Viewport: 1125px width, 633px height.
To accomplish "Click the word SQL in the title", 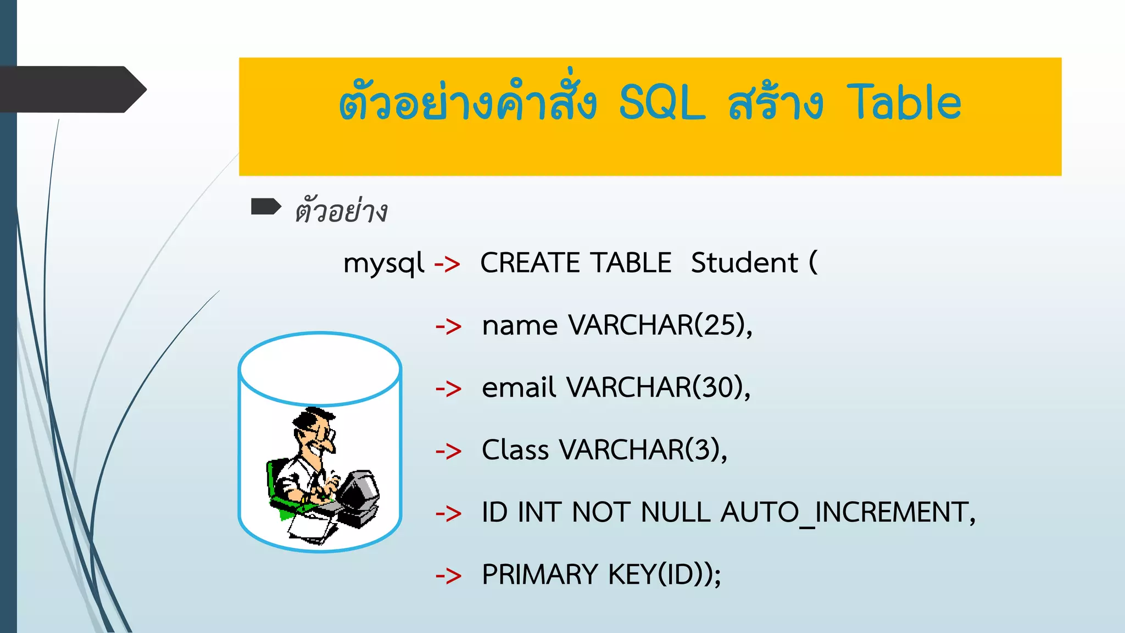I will tap(661, 103).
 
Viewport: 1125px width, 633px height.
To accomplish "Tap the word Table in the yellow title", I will tap(904, 103).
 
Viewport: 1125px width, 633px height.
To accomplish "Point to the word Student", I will tap(744, 263).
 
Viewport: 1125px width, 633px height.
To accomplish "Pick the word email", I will tap(519, 387).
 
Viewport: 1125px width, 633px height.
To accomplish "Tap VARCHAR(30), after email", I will tap(658, 387).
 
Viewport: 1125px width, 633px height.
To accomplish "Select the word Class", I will tap(515, 450).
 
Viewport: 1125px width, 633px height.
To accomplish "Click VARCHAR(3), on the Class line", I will tap(643, 450).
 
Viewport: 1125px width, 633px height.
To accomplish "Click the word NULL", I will tap(676, 513).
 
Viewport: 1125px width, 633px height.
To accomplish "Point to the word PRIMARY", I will tap(539, 575).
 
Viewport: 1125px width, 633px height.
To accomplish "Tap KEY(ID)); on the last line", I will tap(664, 575).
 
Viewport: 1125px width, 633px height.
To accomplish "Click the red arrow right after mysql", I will tap(447, 264).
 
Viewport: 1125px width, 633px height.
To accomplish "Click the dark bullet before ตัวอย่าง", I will tap(266, 207).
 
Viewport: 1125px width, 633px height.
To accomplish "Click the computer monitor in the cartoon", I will tap(358, 489).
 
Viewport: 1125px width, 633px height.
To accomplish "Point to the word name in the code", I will tap(520, 326).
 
